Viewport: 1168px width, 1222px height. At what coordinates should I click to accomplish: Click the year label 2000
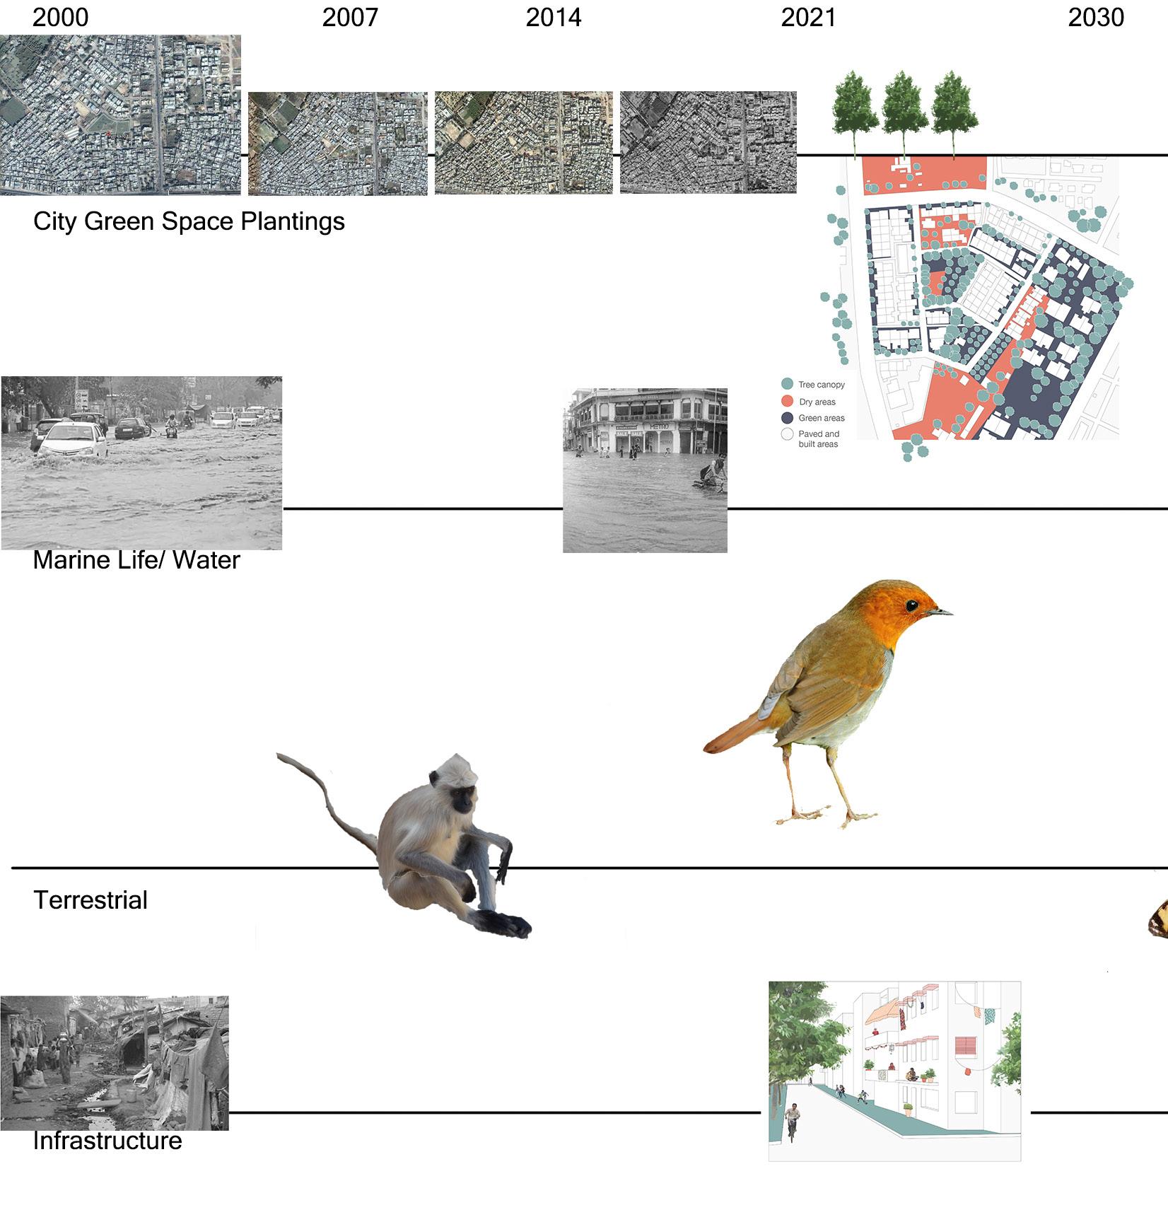point(61,18)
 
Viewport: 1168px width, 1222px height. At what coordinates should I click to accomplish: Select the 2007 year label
point(350,18)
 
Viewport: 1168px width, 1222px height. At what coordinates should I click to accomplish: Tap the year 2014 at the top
point(554,18)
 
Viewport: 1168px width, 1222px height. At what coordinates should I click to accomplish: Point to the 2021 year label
point(808,18)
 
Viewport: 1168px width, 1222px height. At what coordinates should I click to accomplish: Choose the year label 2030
point(1096,18)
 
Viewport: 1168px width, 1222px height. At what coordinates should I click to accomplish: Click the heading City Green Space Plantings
point(189,221)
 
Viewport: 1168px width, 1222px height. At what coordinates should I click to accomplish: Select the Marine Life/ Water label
point(136,560)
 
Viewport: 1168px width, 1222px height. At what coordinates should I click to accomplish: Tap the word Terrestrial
point(90,900)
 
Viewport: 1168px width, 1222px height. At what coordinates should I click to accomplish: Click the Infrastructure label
point(107,1141)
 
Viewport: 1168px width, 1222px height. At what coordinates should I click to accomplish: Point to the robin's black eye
point(912,605)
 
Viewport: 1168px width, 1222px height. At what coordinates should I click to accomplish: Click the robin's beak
point(940,612)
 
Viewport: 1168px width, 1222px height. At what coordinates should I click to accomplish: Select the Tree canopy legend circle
point(787,384)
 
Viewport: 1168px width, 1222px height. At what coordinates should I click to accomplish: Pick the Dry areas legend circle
point(787,401)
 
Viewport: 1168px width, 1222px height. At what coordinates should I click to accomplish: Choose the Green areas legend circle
point(787,418)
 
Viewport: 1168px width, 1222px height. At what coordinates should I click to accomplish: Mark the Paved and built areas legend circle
point(787,434)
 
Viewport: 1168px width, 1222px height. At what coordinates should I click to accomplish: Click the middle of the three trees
point(903,106)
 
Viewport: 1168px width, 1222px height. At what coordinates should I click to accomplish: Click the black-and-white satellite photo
point(708,142)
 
